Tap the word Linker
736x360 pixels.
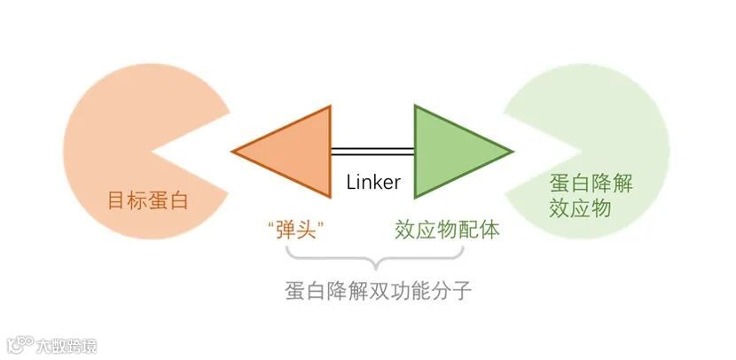click(373, 183)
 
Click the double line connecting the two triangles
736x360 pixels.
click(372, 151)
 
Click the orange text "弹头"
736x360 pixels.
click(294, 230)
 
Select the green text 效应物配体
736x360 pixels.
click(447, 230)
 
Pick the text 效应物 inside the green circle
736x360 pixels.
click(580, 210)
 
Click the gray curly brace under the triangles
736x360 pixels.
click(376, 258)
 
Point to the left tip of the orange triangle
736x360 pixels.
click(233, 151)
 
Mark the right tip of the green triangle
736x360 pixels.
click(512, 151)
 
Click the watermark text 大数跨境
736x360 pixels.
click(67, 344)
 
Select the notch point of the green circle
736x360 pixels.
click(592, 151)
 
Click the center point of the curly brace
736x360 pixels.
click(376, 265)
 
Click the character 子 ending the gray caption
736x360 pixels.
click(461, 291)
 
